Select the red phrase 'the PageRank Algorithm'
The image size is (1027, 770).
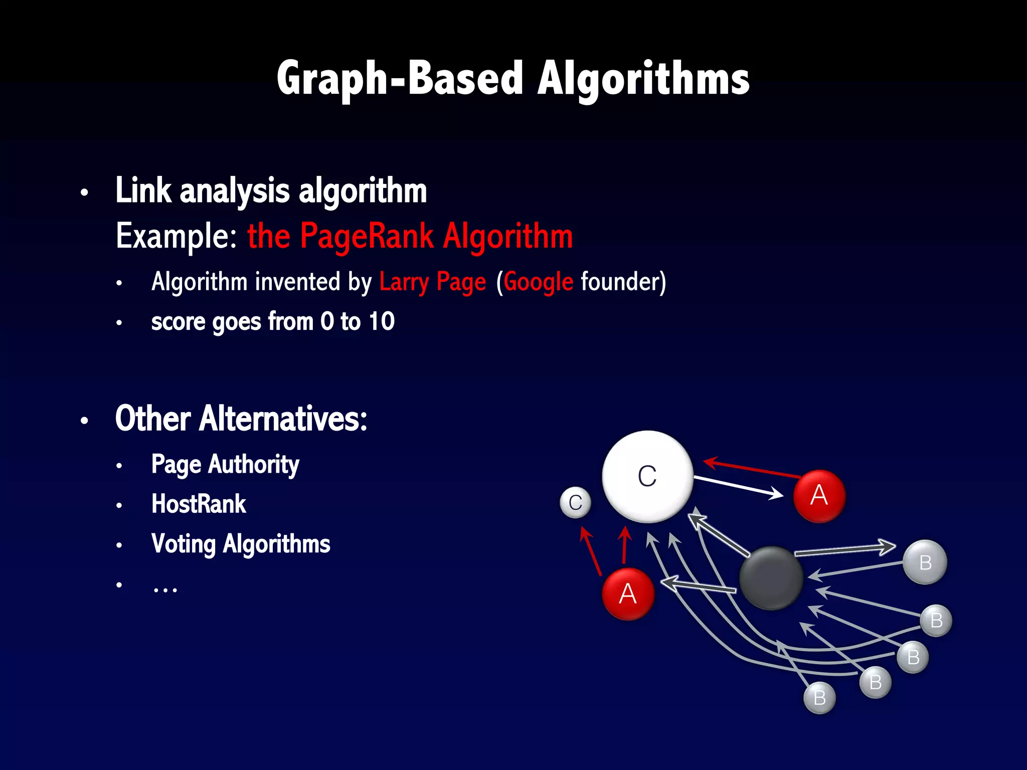[x=410, y=236]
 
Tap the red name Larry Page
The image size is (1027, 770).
[x=432, y=282]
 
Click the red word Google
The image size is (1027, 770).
[x=538, y=282]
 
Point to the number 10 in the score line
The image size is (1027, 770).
[x=381, y=321]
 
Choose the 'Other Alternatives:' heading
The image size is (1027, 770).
[x=241, y=419]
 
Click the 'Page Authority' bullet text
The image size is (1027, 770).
[x=225, y=464]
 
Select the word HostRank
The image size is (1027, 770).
[x=199, y=504]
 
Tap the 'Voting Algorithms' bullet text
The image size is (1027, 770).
[x=241, y=544]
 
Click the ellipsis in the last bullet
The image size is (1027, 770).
[x=165, y=587]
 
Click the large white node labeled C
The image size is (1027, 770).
[x=647, y=476]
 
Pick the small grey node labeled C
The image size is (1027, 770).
[x=575, y=502]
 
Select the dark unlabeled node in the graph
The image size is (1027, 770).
[x=771, y=578]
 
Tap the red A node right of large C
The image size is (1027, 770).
[x=819, y=496]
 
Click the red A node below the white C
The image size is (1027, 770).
[x=628, y=594]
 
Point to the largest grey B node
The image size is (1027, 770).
[x=925, y=562]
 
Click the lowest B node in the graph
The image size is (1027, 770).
[x=819, y=697]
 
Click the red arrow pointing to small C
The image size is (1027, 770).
[x=590, y=551]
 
